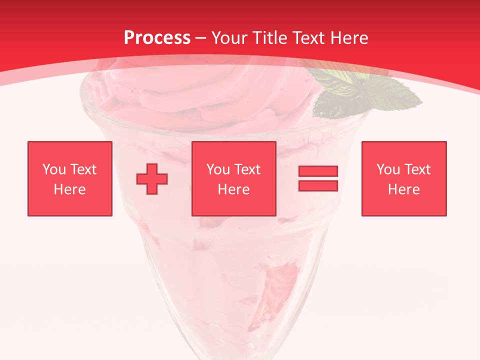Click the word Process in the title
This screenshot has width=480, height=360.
[157, 38]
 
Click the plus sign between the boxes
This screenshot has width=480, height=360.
[152, 179]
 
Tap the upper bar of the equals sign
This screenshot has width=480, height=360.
[318, 171]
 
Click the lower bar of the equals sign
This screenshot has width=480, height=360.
[318, 186]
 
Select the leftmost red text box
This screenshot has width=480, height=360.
[69, 178]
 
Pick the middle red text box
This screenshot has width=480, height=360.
[233, 178]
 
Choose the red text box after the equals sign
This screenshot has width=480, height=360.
[403, 178]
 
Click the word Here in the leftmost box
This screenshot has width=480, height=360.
[69, 189]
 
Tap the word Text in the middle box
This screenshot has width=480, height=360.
[247, 169]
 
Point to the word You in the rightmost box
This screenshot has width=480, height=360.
[388, 169]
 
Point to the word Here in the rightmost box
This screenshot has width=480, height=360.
[403, 189]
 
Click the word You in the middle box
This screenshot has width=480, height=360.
[218, 169]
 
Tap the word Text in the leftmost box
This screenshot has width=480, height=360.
[83, 169]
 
